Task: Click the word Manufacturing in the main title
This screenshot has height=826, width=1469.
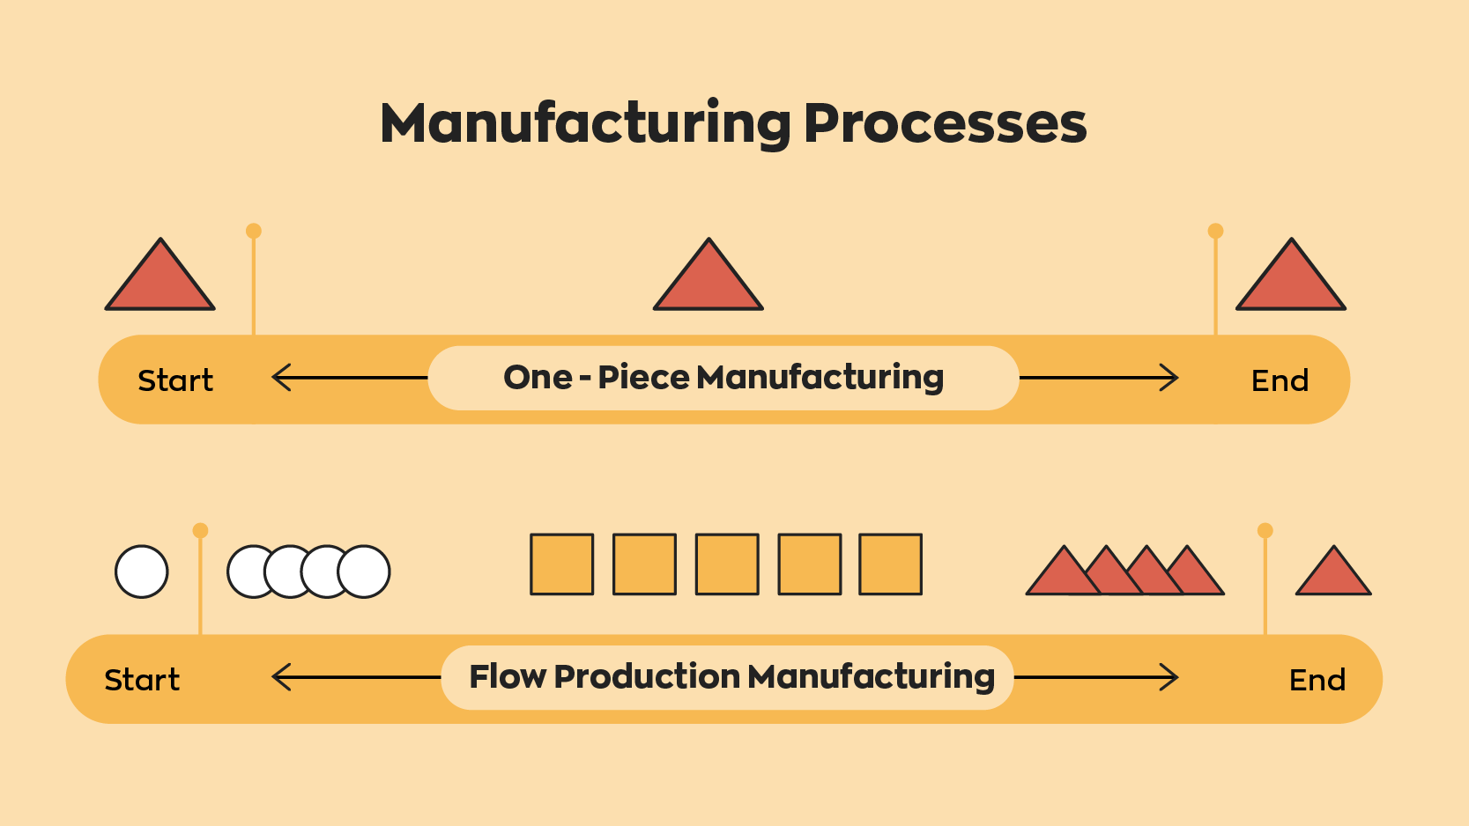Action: click(585, 122)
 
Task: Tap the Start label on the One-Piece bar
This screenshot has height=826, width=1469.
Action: click(175, 380)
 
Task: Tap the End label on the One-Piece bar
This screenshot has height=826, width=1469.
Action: click(1280, 380)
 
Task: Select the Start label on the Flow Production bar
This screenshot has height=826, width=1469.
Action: click(142, 680)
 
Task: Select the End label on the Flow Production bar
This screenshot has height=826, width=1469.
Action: click(1317, 680)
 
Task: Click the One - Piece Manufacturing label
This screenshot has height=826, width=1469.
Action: click(723, 378)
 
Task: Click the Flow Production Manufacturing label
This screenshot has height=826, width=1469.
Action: click(731, 677)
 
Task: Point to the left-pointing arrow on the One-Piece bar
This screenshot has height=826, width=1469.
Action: click(349, 378)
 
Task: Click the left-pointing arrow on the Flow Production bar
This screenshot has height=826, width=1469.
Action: click(355, 677)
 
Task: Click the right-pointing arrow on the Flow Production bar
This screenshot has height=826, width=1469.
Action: click(1096, 677)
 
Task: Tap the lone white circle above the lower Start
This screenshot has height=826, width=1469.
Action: click(142, 572)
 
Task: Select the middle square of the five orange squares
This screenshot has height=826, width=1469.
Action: click(727, 564)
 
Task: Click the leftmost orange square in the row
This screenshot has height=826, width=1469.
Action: click(561, 564)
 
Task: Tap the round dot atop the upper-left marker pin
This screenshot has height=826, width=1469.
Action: click(254, 231)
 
